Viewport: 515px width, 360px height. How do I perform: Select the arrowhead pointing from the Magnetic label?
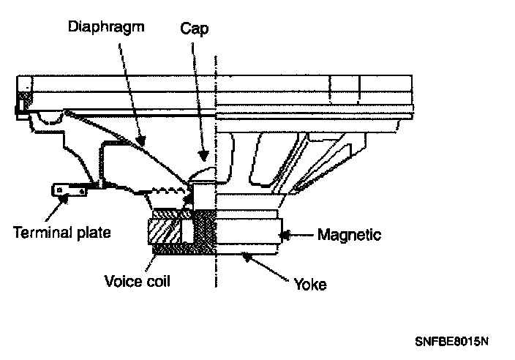(287, 235)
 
